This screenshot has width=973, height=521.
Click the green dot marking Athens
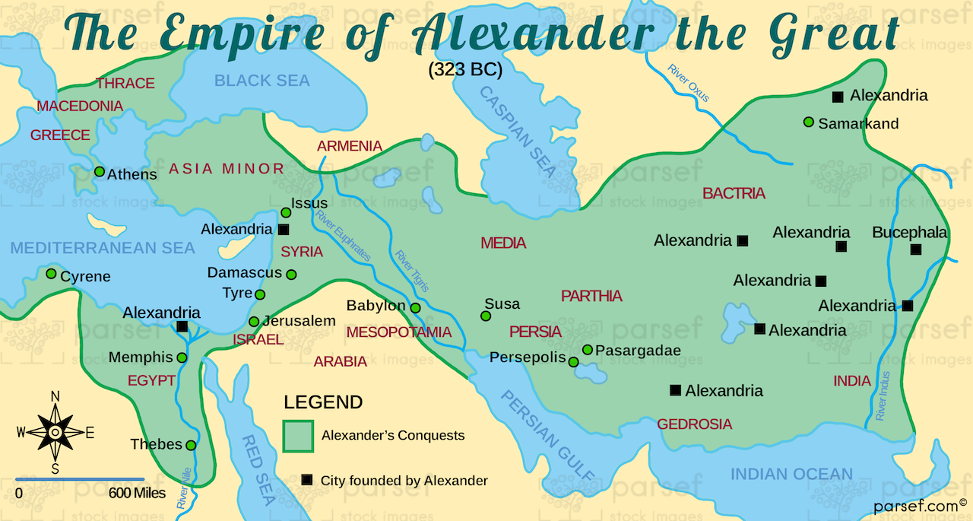(99, 171)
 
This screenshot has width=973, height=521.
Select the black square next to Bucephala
(916, 249)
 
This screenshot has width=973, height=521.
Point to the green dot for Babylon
(416, 308)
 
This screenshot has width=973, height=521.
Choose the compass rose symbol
(55, 432)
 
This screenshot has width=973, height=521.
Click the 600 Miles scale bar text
(137, 493)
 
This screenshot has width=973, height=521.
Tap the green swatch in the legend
(297, 436)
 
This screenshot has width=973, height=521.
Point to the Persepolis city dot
(574, 361)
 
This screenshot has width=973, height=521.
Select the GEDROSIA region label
(695, 424)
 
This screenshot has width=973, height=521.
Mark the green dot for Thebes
(191, 445)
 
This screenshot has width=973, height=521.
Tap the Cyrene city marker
(51, 273)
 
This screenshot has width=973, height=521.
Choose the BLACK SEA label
(261, 81)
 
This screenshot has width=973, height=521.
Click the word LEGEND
(323, 402)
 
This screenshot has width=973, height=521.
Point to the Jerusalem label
(300, 321)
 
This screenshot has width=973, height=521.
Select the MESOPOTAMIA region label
(399, 332)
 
